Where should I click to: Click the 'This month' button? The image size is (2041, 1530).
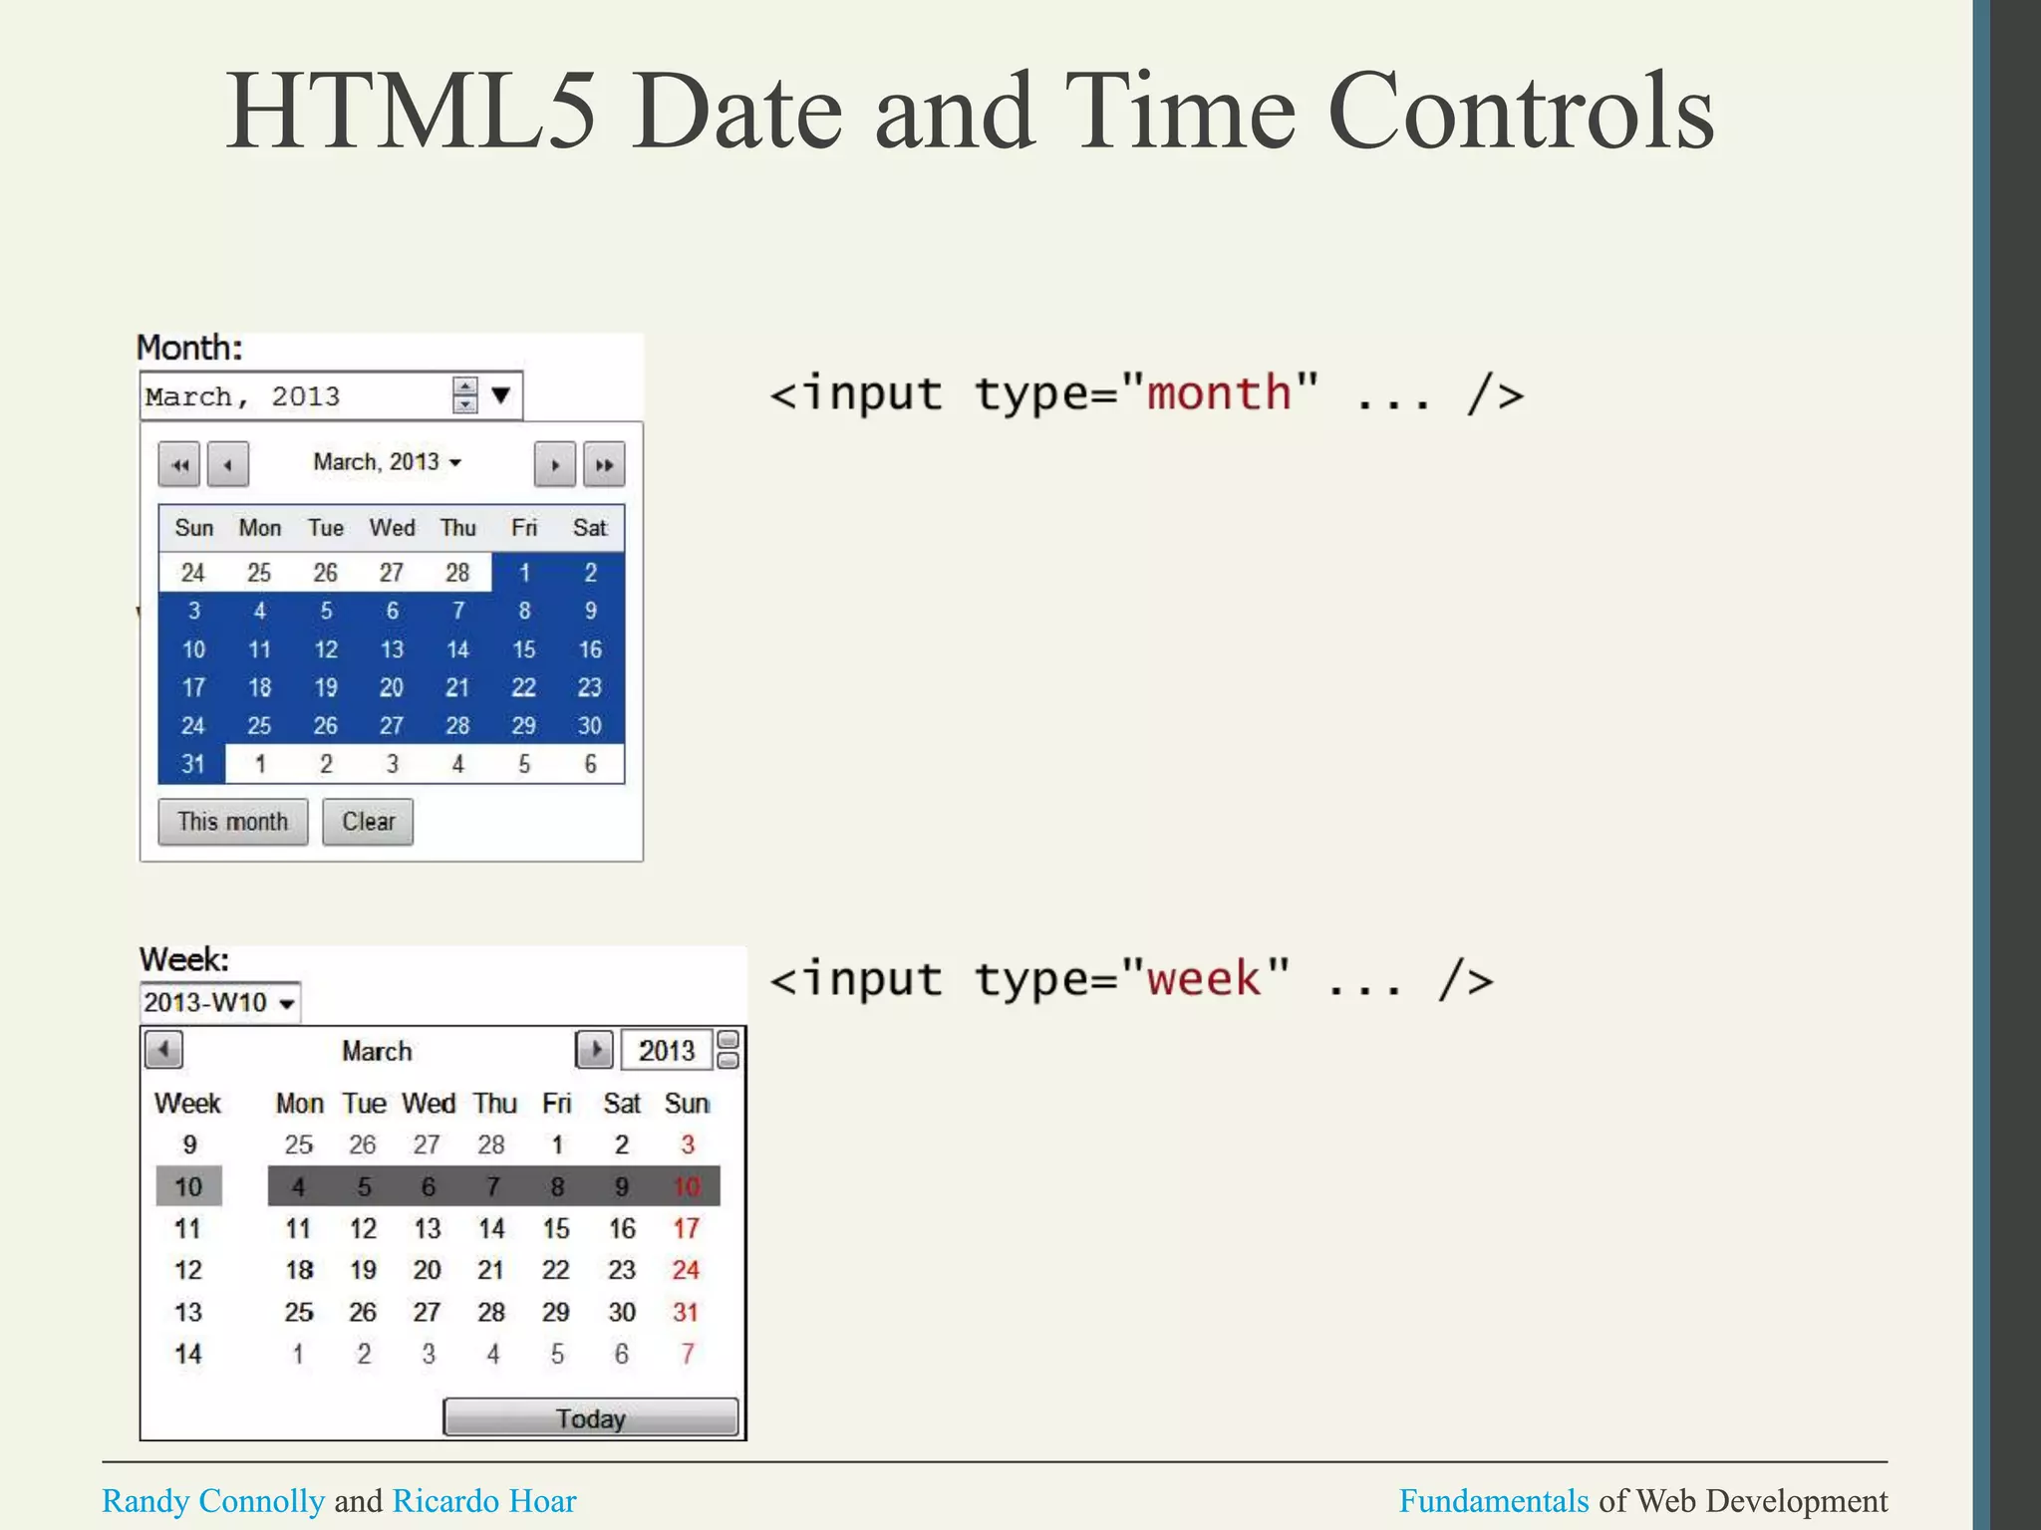[232, 822]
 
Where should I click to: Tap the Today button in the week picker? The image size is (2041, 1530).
[590, 1417]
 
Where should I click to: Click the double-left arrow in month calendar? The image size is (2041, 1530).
[179, 464]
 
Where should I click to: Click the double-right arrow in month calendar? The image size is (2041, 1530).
[604, 464]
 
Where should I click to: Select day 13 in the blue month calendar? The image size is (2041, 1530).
[392, 649]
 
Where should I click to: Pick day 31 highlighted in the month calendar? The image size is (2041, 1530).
[192, 764]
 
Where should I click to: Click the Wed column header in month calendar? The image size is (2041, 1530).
[392, 528]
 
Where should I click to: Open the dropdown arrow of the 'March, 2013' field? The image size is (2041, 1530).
[501, 395]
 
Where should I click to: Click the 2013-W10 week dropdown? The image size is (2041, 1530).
[219, 1002]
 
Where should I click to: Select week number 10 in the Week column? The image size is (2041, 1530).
[188, 1186]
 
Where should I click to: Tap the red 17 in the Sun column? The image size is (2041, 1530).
[686, 1228]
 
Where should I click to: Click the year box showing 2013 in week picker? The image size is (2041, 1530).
[666, 1050]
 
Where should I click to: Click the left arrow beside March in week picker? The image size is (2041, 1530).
[163, 1050]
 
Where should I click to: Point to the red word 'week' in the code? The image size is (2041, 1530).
[1203, 978]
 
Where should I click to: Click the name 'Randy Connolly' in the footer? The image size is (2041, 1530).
[213, 1500]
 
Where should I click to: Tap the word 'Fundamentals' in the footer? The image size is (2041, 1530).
[1493, 1500]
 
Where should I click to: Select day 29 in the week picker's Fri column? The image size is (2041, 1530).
[556, 1312]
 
